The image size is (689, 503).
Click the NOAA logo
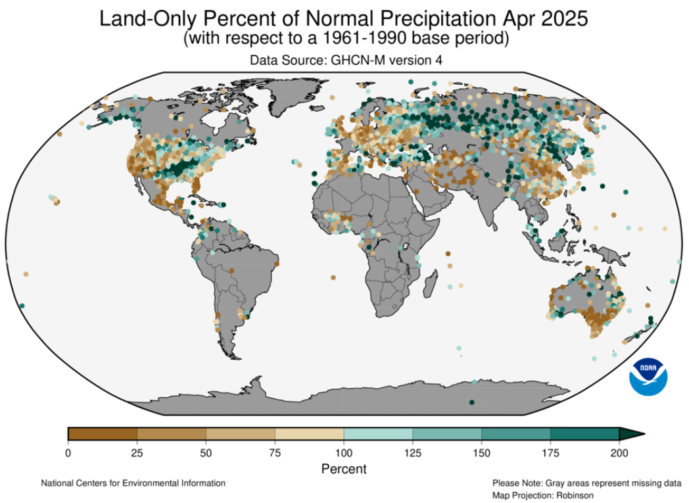pyautogui.click(x=648, y=377)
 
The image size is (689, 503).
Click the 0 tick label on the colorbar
pyautogui.click(x=68, y=452)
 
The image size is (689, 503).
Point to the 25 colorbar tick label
pyautogui.click(x=137, y=452)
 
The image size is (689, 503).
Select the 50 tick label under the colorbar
pyautogui.click(x=206, y=452)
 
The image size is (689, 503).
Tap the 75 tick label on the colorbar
pyautogui.click(x=275, y=452)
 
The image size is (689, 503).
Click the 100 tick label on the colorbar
pyautogui.click(x=343, y=452)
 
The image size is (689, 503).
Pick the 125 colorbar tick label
pyautogui.click(x=412, y=452)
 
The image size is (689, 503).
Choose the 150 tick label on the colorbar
pyautogui.click(x=481, y=452)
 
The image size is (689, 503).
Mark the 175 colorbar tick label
pyautogui.click(x=550, y=452)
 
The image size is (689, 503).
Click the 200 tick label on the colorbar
pyautogui.click(x=619, y=452)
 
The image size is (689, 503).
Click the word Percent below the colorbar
pyautogui.click(x=344, y=469)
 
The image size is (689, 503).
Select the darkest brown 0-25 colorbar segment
pyautogui.click(x=103, y=434)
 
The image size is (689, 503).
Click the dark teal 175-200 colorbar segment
pyautogui.click(x=584, y=434)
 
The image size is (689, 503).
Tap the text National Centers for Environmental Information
pyautogui.click(x=133, y=483)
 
